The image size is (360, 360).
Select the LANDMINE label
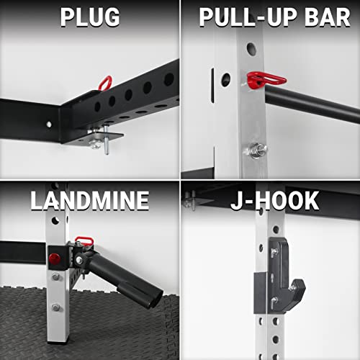point(89,199)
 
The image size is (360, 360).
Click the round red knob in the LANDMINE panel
point(54,258)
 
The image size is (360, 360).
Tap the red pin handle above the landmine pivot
point(84,238)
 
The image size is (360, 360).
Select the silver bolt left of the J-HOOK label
point(190,202)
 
